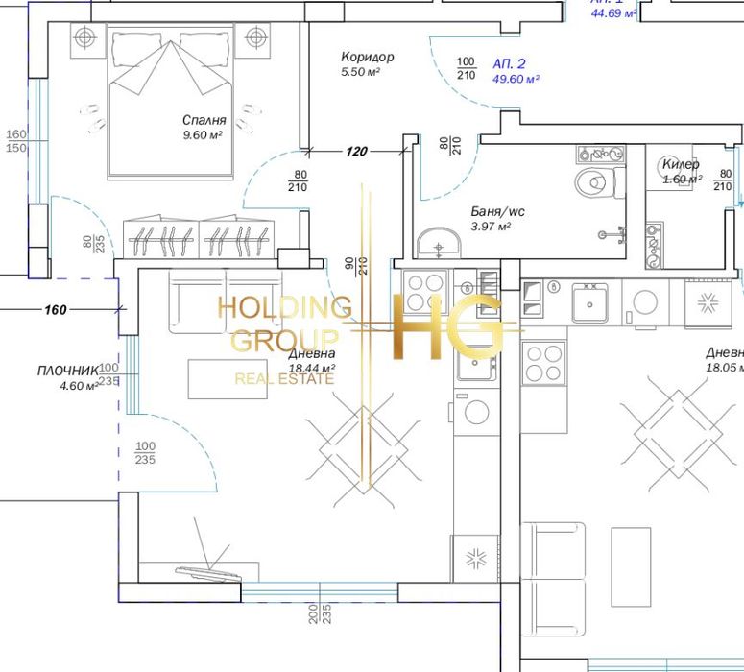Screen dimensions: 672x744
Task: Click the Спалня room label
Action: point(204,120)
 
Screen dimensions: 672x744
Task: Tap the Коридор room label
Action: point(367,58)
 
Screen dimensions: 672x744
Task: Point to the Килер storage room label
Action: point(681,164)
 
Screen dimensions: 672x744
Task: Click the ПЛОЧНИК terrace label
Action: point(68,371)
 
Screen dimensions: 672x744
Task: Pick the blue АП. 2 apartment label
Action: point(510,62)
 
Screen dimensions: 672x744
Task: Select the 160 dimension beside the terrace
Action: point(56,309)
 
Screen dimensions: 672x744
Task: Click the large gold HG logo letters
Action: point(447,325)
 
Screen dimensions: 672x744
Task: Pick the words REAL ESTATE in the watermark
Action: point(284,379)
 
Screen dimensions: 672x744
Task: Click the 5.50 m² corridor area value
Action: point(362,73)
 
